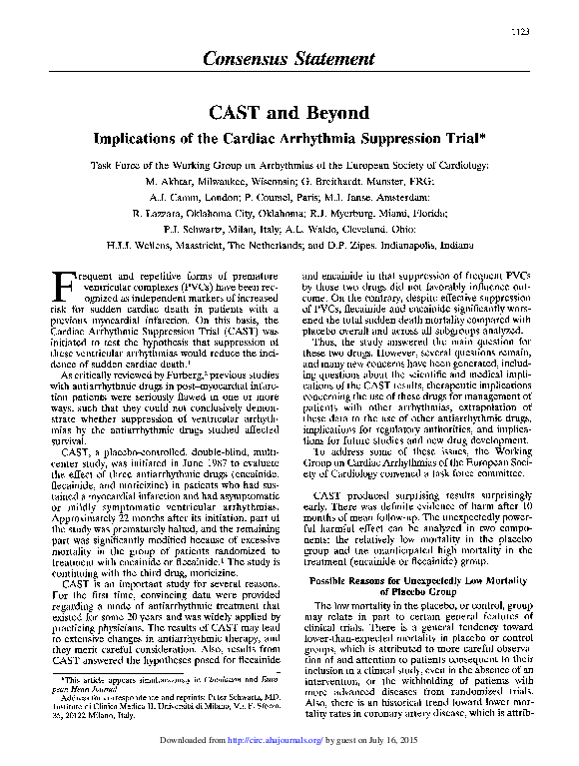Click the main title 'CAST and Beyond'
click(289, 112)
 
